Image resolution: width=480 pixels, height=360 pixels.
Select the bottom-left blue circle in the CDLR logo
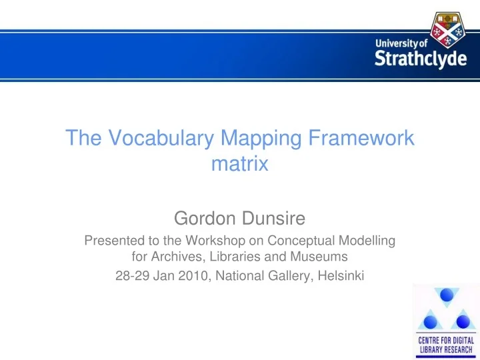430,322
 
